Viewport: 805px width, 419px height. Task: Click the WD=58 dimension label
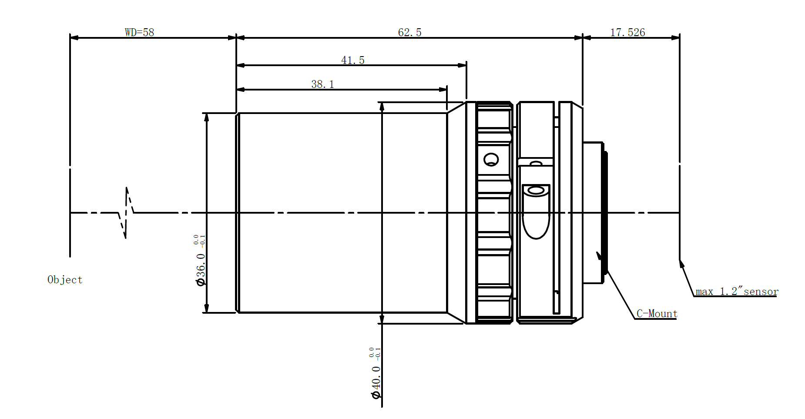[x=139, y=32]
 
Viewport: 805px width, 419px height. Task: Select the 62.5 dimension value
[x=409, y=32]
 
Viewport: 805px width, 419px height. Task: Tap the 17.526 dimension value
[x=627, y=32]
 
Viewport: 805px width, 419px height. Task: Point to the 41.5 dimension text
[x=352, y=60]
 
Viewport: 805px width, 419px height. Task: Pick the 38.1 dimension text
[x=322, y=84]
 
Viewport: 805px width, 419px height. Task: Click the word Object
[x=65, y=280]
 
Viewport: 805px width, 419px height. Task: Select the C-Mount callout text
[x=657, y=313]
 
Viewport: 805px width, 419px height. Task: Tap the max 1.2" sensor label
[x=737, y=291]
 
